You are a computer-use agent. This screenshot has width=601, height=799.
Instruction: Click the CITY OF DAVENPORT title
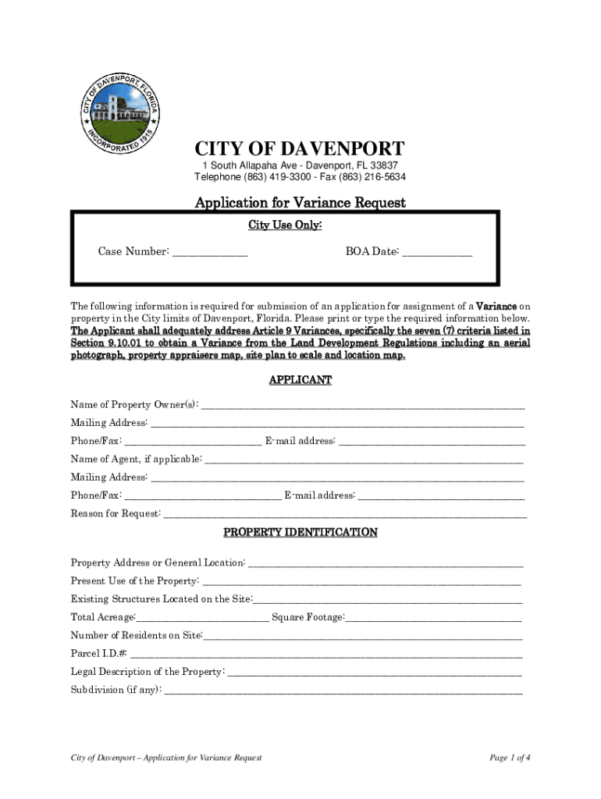coord(300,149)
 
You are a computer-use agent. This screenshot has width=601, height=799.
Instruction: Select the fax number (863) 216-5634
coord(371,177)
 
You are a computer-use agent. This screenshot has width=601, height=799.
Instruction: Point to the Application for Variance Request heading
coord(300,203)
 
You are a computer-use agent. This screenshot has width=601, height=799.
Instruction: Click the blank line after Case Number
coord(209,252)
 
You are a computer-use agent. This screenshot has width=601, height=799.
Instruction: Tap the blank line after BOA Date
coord(437,252)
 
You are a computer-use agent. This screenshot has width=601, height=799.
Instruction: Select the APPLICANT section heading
coord(300,380)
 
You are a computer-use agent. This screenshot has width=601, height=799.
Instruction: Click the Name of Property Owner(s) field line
coord(363,406)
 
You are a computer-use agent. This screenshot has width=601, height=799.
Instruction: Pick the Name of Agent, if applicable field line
coord(364,460)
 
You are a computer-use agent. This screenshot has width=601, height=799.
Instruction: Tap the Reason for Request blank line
coord(345,514)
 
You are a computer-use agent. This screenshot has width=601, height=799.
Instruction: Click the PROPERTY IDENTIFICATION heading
coord(300,532)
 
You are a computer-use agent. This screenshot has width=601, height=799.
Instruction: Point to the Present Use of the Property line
coord(361,582)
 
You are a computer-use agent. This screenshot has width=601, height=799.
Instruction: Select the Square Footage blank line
coord(433,619)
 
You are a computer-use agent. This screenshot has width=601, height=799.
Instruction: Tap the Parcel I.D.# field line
coord(326,655)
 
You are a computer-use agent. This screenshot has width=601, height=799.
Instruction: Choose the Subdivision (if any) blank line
coord(343,691)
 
